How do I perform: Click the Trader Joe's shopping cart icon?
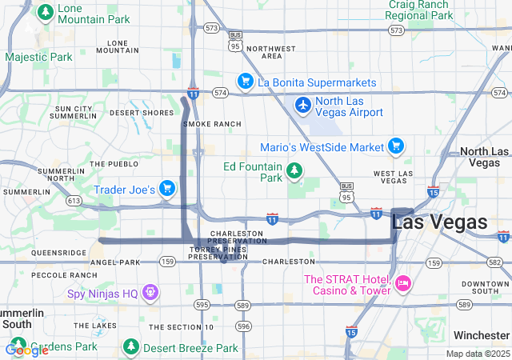coord(166,188)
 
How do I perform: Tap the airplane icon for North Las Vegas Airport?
coord(303,105)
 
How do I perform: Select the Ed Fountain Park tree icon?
coord(295,170)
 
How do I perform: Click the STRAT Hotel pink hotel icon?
coord(402,282)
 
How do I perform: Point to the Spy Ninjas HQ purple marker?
coord(150,293)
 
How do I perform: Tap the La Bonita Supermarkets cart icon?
coord(245,82)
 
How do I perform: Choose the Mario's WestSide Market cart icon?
coord(395,146)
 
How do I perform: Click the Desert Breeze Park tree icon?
coord(131,347)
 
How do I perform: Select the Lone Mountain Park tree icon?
coord(45,11)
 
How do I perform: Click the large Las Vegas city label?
coord(440,222)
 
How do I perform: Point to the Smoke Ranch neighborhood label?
coord(212,124)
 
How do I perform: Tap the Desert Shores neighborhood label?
coord(141,113)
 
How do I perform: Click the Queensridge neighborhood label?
coord(58,252)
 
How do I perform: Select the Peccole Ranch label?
coord(64,274)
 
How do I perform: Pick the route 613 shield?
coord(74,201)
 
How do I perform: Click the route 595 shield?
coord(202,305)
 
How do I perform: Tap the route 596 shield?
coord(244,326)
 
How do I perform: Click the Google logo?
coord(26,350)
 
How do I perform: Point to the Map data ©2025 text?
coord(477,354)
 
